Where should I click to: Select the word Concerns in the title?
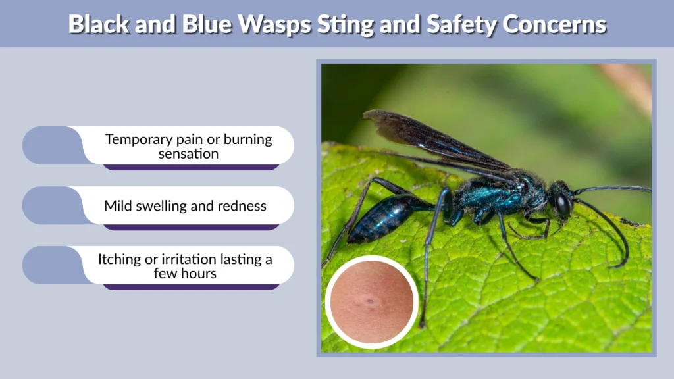coord(554,24)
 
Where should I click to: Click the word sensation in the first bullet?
coord(188,154)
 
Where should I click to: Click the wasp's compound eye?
coord(563,204)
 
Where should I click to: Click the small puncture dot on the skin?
coord(370,302)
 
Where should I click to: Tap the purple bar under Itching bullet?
coord(191,287)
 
